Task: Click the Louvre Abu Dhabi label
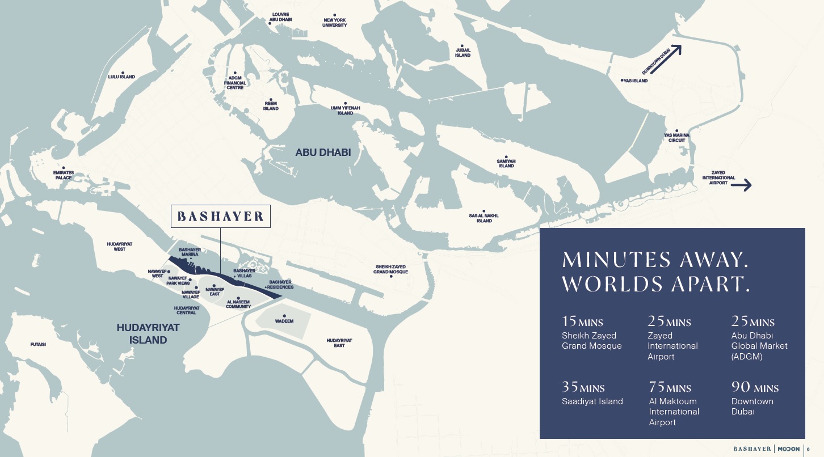click(x=281, y=16)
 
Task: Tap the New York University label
click(x=334, y=23)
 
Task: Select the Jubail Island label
click(x=463, y=53)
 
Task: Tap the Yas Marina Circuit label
click(x=676, y=138)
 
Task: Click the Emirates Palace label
click(x=63, y=175)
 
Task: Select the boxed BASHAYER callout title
click(x=221, y=217)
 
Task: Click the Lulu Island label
click(x=121, y=77)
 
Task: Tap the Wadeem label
click(x=284, y=321)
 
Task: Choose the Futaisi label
click(x=38, y=344)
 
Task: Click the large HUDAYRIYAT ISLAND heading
click(x=148, y=334)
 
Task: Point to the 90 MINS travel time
click(x=755, y=388)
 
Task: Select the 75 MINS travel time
click(x=670, y=388)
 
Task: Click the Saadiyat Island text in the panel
click(x=592, y=401)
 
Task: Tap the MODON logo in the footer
click(x=789, y=448)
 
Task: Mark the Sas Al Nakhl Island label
click(x=484, y=218)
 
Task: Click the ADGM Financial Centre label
click(x=235, y=83)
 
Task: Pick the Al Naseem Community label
click(x=238, y=304)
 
